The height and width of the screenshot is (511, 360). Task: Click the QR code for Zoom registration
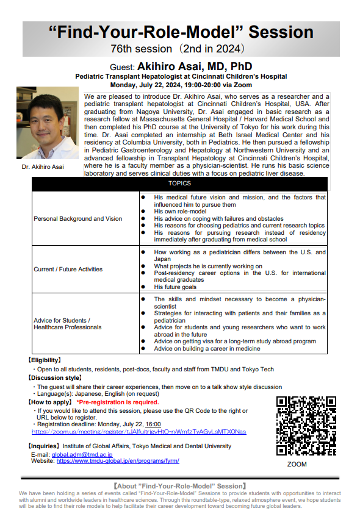click(x=306, y=426)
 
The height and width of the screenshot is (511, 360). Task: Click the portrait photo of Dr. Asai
click(x=48, y=124)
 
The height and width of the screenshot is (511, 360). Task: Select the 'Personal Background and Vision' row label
click(x=77, y=218)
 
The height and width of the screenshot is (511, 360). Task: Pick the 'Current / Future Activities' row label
click(x=69, y=269)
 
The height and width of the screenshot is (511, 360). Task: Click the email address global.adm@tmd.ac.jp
click(x=82, y=455)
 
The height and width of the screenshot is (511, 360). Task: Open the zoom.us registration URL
click(x=139, y=432)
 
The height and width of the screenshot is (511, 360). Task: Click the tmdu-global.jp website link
click(x=118, y=462)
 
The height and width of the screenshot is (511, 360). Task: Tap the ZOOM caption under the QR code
click(x=297, y=465)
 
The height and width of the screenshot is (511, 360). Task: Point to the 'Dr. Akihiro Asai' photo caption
click(x=43, y=167)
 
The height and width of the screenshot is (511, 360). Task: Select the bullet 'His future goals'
click(x=175, y=287)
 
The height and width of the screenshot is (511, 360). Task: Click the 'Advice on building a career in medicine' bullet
click(x=207, y=348)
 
